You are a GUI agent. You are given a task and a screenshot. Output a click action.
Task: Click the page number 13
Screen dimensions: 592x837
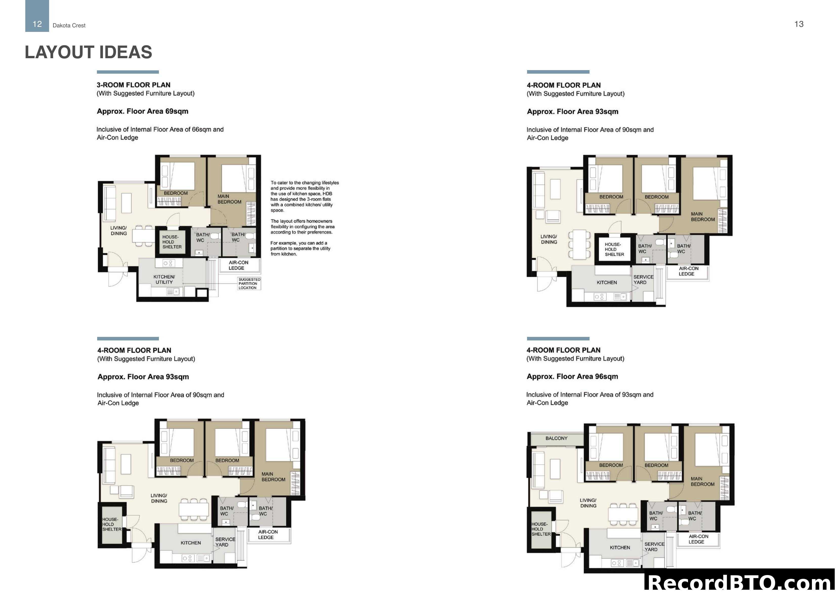coord(799,24)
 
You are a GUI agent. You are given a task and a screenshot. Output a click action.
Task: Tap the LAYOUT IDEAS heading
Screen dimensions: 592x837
coord(88,52)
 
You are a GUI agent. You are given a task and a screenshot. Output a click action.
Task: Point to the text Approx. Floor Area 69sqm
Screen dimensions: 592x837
coord(142,111)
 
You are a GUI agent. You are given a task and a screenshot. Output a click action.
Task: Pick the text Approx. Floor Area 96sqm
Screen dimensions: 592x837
coord(572,376)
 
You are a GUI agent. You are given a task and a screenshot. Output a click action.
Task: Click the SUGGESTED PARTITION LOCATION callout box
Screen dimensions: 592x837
coord(249,283)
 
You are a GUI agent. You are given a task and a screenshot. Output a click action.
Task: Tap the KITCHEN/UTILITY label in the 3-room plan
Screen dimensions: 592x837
coord(164,279)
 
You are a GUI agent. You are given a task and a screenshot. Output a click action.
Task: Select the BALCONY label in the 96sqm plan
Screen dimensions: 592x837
coord(556,438)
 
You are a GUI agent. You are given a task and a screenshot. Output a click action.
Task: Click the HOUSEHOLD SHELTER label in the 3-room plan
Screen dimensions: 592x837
coord(172,242)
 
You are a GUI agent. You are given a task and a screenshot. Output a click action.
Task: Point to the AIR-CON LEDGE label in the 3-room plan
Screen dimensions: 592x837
coord(238,265)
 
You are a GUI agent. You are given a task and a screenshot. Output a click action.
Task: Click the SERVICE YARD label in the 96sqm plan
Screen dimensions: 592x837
coord(654,546)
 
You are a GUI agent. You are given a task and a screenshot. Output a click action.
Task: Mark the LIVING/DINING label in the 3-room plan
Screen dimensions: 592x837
coord(118,231)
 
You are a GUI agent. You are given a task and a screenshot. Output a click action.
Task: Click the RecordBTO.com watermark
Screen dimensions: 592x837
coord(740,581)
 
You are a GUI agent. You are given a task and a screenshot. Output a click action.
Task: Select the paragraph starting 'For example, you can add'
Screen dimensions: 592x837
coord(300,248)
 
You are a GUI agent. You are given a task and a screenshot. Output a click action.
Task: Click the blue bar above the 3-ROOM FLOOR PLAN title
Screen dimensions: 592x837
coord(128,72)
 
